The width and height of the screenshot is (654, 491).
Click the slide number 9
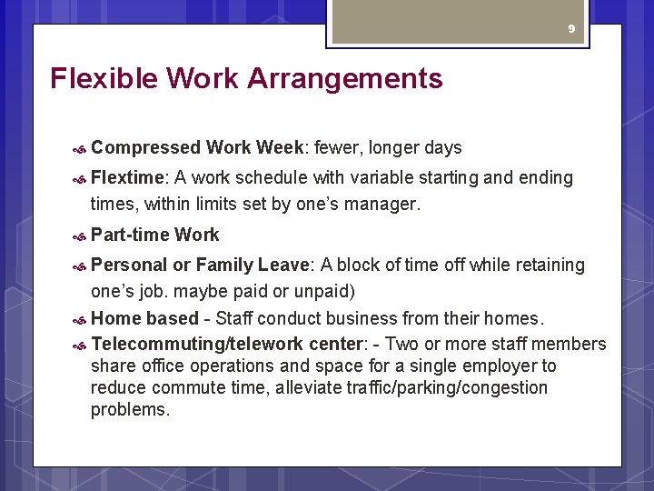pyautogui.click(x=571, y=29)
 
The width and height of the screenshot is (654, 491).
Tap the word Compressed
pyautogui.click(x=145, y=147)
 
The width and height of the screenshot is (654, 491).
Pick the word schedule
pyautogui.click(x=277, y=177)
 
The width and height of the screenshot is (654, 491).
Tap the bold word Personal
pyautogui.click(x=130, y=265)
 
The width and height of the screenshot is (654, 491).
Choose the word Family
pyautogui.click(x=224, y=265)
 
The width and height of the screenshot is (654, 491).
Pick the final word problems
pyautogui.click(x=130, y=409)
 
